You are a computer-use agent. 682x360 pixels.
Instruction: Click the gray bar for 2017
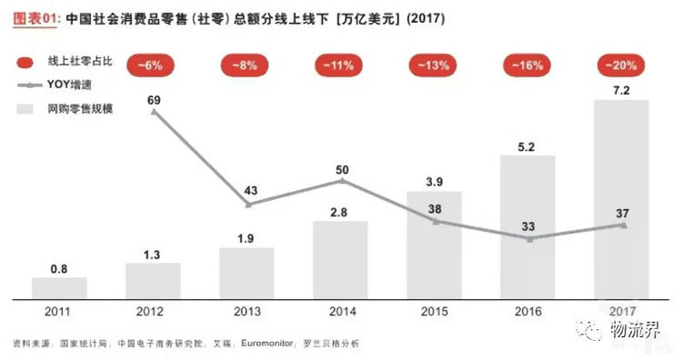(x=622, y=199)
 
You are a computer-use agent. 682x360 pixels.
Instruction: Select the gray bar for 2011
(x=59, y=288)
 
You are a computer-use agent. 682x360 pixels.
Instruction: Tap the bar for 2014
(x=340, y=260)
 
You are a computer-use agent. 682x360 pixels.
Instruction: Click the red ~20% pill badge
(x=622, y=65)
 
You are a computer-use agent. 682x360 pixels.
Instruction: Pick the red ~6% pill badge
(x=153, y=65)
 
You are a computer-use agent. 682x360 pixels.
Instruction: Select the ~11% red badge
(x=340, y=65)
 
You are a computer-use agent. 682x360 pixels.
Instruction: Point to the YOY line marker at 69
(x=154, y=111)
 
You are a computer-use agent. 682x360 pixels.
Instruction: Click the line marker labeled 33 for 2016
(x=528, y=239)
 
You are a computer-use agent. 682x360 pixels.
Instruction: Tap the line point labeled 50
(x=341, y=182)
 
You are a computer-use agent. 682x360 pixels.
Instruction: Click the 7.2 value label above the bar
(x=622, y=89)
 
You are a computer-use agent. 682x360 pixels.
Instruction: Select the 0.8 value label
(x=59, y=268)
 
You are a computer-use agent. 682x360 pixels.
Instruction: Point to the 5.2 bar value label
(x=528, y=145)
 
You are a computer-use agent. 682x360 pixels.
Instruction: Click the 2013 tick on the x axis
(x=246, y=311)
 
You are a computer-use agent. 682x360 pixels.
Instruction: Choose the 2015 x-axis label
(x=435, y=311)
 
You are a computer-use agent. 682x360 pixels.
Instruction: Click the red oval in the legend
(x=27, y=62)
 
